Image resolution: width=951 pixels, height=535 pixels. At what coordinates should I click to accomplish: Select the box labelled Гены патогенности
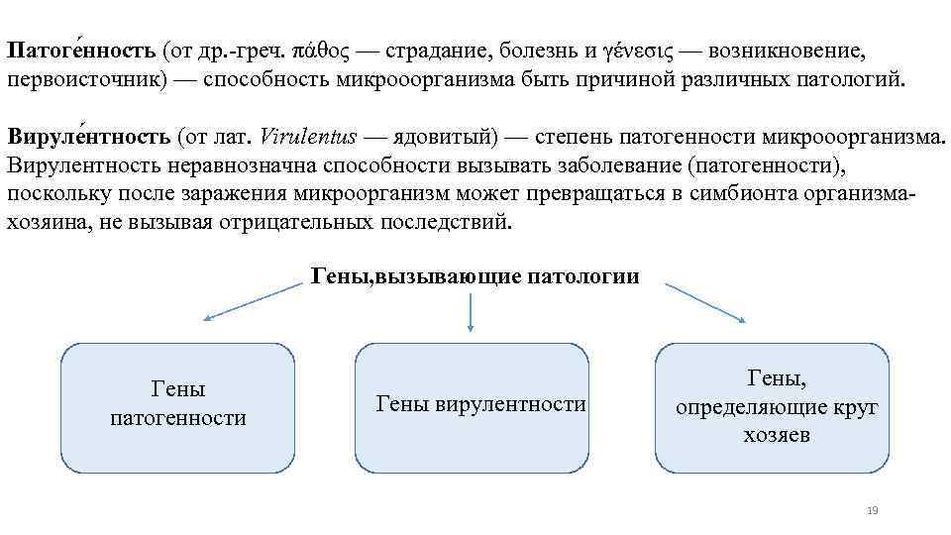coord(178,406)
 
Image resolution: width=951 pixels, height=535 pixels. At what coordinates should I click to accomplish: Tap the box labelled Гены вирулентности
coord(472,406)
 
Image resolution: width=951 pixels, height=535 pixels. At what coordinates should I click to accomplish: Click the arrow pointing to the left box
coord(253,300)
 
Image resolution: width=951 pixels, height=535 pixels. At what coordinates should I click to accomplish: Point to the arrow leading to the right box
coord(704,301)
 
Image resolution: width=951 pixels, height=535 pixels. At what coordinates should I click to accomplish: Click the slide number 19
coord(872,510)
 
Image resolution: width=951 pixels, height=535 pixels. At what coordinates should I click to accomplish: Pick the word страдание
coord(437,50)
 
